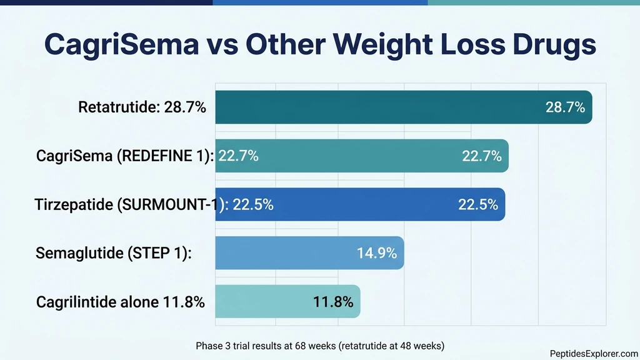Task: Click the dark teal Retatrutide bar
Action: (375, 107)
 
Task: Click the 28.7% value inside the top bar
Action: (565, 107)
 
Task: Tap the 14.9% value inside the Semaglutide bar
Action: (377, 253)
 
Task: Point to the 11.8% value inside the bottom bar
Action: (333, 302)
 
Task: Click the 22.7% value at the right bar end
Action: (482, 156)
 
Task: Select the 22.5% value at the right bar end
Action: (478, 204)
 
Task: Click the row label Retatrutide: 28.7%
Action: (142, 107)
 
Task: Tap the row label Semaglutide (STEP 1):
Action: (113, 253)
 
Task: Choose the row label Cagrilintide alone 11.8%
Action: (120, 302)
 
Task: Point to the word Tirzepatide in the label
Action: (73, 204)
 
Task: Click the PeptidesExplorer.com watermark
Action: (594, 353)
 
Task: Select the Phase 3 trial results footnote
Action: (319, 345)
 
